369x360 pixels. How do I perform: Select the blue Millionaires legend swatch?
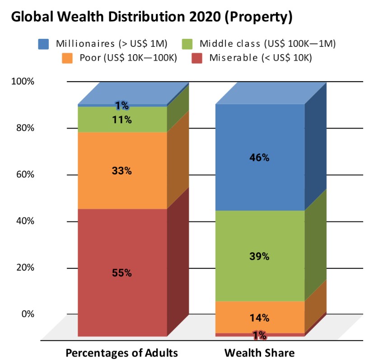(x=44, y=44)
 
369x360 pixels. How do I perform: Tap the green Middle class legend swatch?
(x=188, y=44)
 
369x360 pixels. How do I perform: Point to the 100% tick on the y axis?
(x=23, y=82)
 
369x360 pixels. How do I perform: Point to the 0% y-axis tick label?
(x=27, y=314)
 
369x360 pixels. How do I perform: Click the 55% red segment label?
(x=122, y=273)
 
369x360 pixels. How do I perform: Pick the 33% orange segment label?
(x=122, y=171)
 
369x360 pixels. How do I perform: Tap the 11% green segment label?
(x=122, y=120)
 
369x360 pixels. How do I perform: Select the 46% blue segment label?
(x=260, y=157)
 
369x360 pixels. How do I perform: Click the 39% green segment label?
(x=260, y=256)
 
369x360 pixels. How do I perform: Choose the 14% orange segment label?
(x=260, y=318)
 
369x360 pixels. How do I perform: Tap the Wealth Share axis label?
(x=259, y=352)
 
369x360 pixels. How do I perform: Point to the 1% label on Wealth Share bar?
(x=260, y=335)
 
